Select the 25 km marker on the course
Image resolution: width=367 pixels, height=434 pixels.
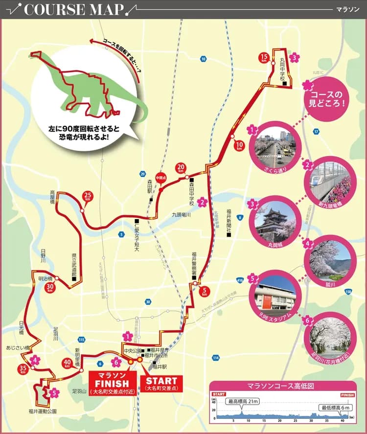[88, 196]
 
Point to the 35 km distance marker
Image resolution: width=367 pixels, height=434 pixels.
[23, 369]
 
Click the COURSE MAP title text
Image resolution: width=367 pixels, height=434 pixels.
[73, 9]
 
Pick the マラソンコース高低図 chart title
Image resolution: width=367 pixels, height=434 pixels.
[280, 386]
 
